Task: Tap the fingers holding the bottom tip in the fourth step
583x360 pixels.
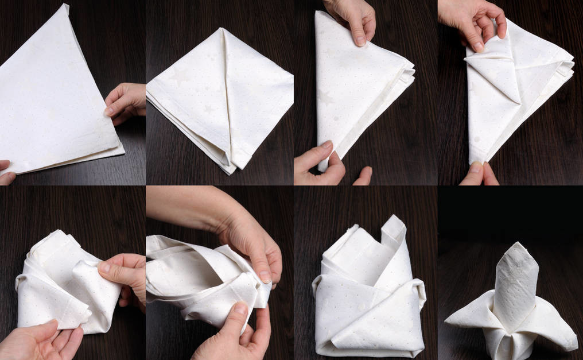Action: [479, 173]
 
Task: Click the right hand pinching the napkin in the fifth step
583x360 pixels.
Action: [123, 276]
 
